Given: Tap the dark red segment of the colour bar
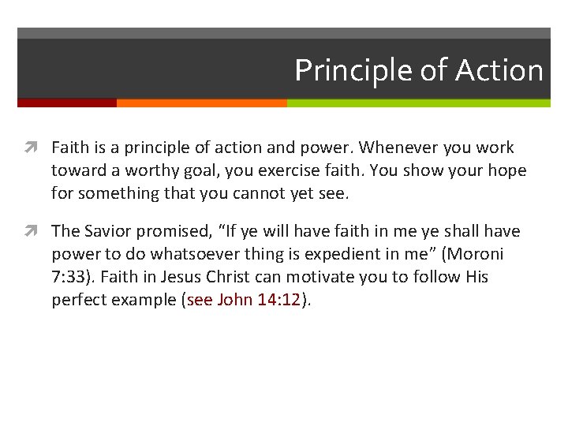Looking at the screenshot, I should (66, 103).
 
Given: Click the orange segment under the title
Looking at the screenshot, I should (201, 103).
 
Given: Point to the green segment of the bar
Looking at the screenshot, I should (418, 103).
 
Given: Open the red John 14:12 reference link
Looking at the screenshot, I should (245, 300).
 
